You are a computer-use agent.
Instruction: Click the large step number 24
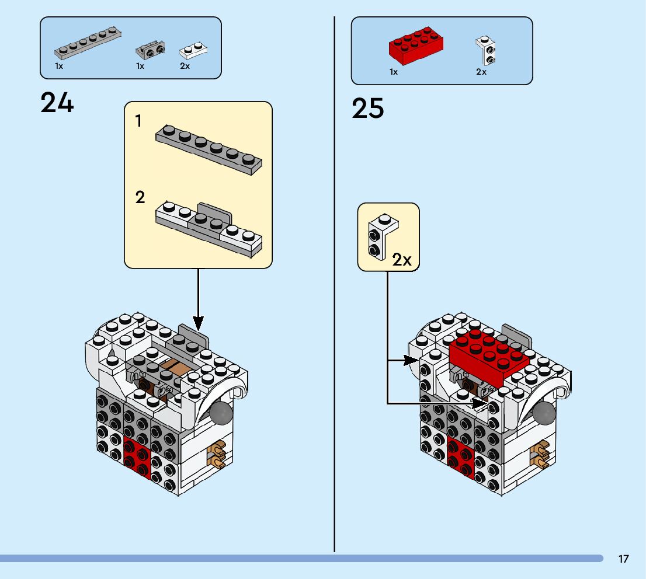57,103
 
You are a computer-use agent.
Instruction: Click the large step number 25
368,109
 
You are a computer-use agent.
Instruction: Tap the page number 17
623,559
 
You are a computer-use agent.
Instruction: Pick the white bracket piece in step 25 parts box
485,50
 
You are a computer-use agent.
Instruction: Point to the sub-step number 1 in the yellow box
138,121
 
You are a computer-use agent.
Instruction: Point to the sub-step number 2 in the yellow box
140,197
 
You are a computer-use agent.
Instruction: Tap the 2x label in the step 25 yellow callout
402,260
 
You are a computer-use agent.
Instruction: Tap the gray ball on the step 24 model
221,413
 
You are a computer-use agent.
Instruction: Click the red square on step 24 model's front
137,453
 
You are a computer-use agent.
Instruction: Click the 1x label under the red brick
394,72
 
